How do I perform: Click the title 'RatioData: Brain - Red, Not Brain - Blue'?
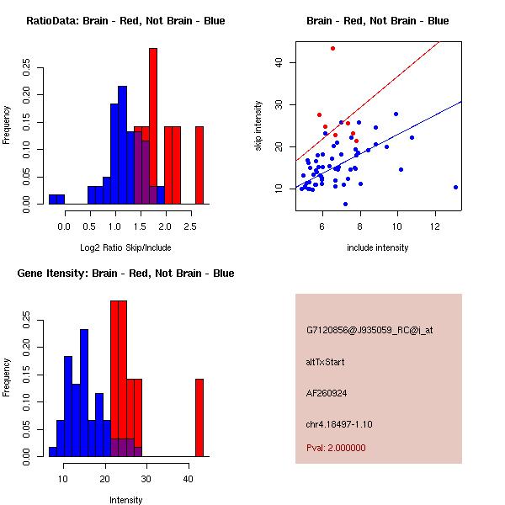[x=125, y=21]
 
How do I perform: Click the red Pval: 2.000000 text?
[x=336, y=448]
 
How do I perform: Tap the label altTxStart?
[x=326, y=362]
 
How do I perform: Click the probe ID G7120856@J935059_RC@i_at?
[x=369, y=331]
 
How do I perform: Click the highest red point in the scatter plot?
[x=332, y=48]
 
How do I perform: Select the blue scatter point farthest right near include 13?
[x=455, y=187]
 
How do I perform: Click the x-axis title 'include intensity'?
[x=378, y=247]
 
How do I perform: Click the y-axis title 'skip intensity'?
[x=259, y=126]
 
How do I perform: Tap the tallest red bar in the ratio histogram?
[x=153, y=126]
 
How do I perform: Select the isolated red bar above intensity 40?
[x=199, y=417]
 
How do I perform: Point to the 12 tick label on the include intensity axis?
[x=435, y=226]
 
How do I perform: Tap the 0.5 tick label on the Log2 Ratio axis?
[x=89, y=226]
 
